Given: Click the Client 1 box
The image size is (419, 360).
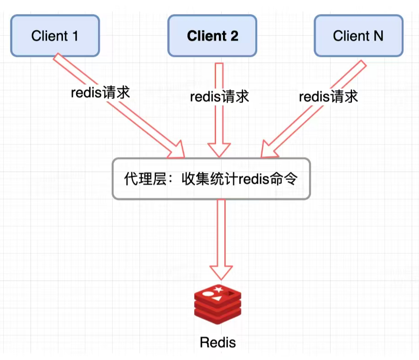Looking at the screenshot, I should pyautogui.click(x=55, y=36).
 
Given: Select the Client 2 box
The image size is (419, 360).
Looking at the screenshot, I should pyautogui.click(x=212, y=36).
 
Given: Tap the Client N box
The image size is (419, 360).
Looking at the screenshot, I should pyautogui.click(x=358, y=36).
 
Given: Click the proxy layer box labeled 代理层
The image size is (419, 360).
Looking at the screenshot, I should pyautogui.click(x=211, y=179).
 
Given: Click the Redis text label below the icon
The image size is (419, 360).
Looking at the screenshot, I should pyautogui.click(x=218, y=342).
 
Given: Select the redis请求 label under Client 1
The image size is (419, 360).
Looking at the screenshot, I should pyautogui.click(x=100, y=93).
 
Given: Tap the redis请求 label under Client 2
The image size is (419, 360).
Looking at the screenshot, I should pyautogui.click(x=219, y=97).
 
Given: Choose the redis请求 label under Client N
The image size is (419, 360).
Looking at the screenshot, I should pyautogui.click(x=328, y=97).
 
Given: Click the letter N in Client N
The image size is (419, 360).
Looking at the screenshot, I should pyautogui.click(x=378, y=36).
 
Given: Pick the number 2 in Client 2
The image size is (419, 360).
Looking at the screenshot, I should pyautogui.click(x=233, y=36).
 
